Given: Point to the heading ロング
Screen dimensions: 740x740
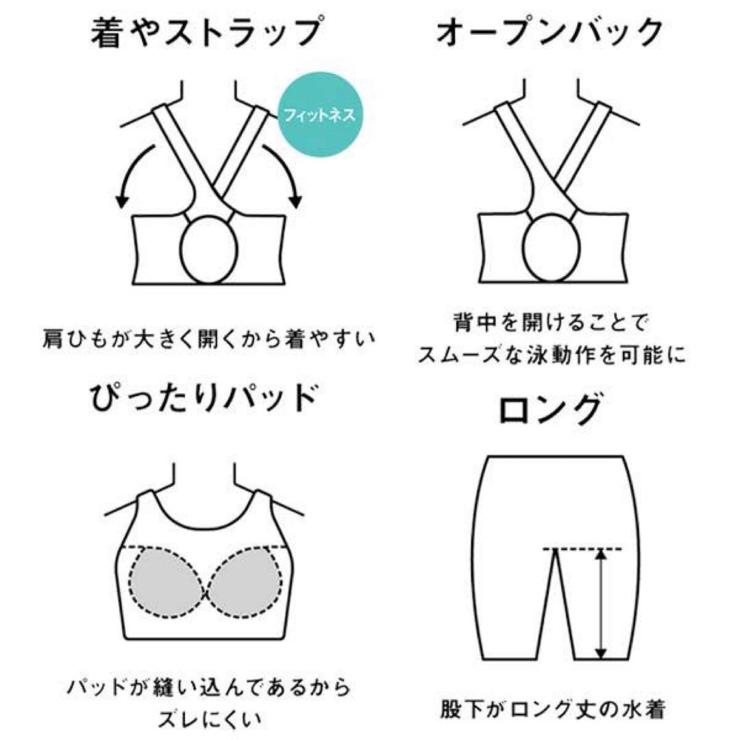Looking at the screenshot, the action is pos(550,408).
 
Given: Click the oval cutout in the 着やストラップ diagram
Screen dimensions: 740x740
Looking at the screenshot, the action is pos(208,249).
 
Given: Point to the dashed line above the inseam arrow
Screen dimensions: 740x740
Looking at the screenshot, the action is pos(582,549).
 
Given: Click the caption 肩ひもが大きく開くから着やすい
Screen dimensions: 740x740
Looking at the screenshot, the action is pos(208,338).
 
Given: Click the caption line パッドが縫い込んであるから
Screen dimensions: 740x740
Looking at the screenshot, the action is pos(209,688).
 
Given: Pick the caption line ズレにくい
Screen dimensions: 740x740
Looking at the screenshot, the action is pos(209,719).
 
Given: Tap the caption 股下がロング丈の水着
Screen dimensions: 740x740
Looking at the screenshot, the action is pos(552,709).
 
